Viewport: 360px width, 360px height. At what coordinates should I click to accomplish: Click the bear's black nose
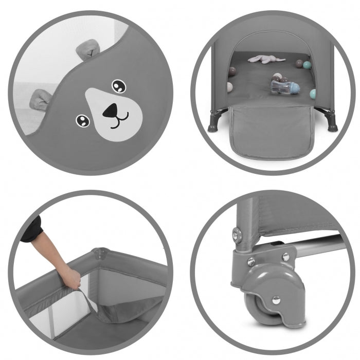coord(111,111)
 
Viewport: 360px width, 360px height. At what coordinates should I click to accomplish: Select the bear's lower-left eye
coord(82,121)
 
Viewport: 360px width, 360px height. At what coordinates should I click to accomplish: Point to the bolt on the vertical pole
coord(237,235)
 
